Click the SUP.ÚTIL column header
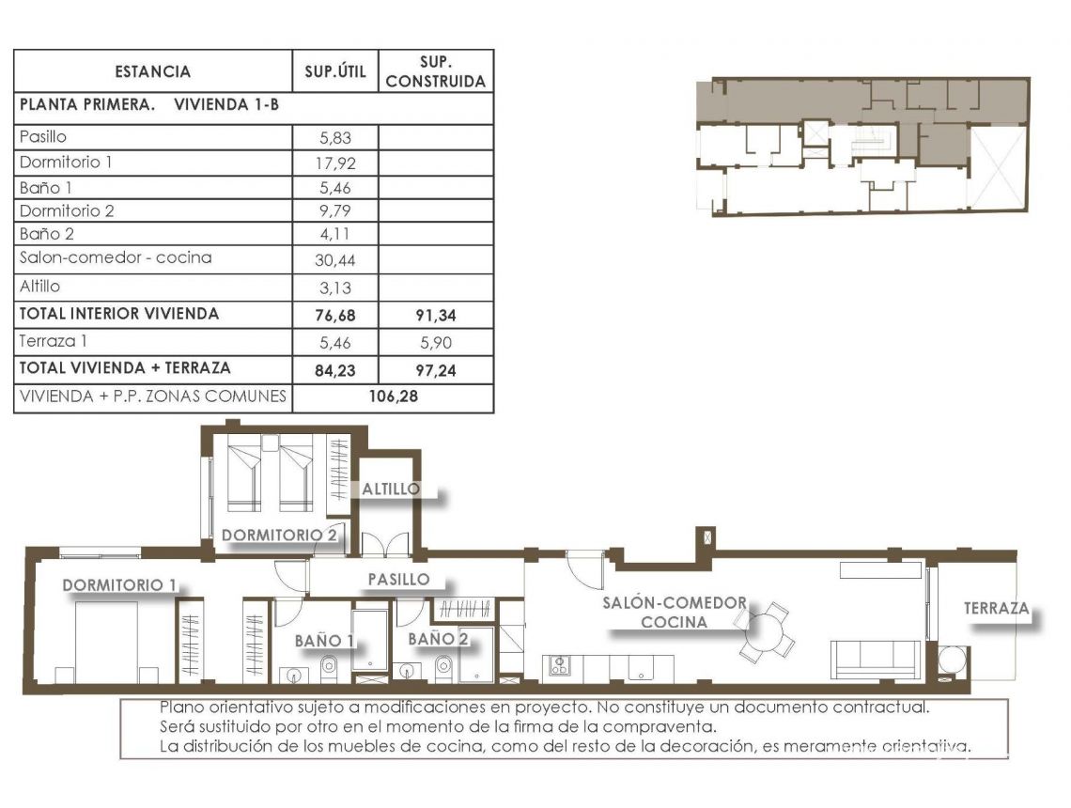(335, 71)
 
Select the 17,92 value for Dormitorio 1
(335, 163)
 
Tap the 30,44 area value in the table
(335, 260)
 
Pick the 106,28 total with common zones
(393, 396)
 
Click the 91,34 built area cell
(436, 316)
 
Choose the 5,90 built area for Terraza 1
(436, 343)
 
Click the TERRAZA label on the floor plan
(995, 609)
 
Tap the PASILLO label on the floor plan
(398, 580)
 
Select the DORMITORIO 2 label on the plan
(278, 536)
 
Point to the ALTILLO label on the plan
(391, 489)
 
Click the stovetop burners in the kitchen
(559, 666)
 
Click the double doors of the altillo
(386, 545)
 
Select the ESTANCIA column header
(152, 71)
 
